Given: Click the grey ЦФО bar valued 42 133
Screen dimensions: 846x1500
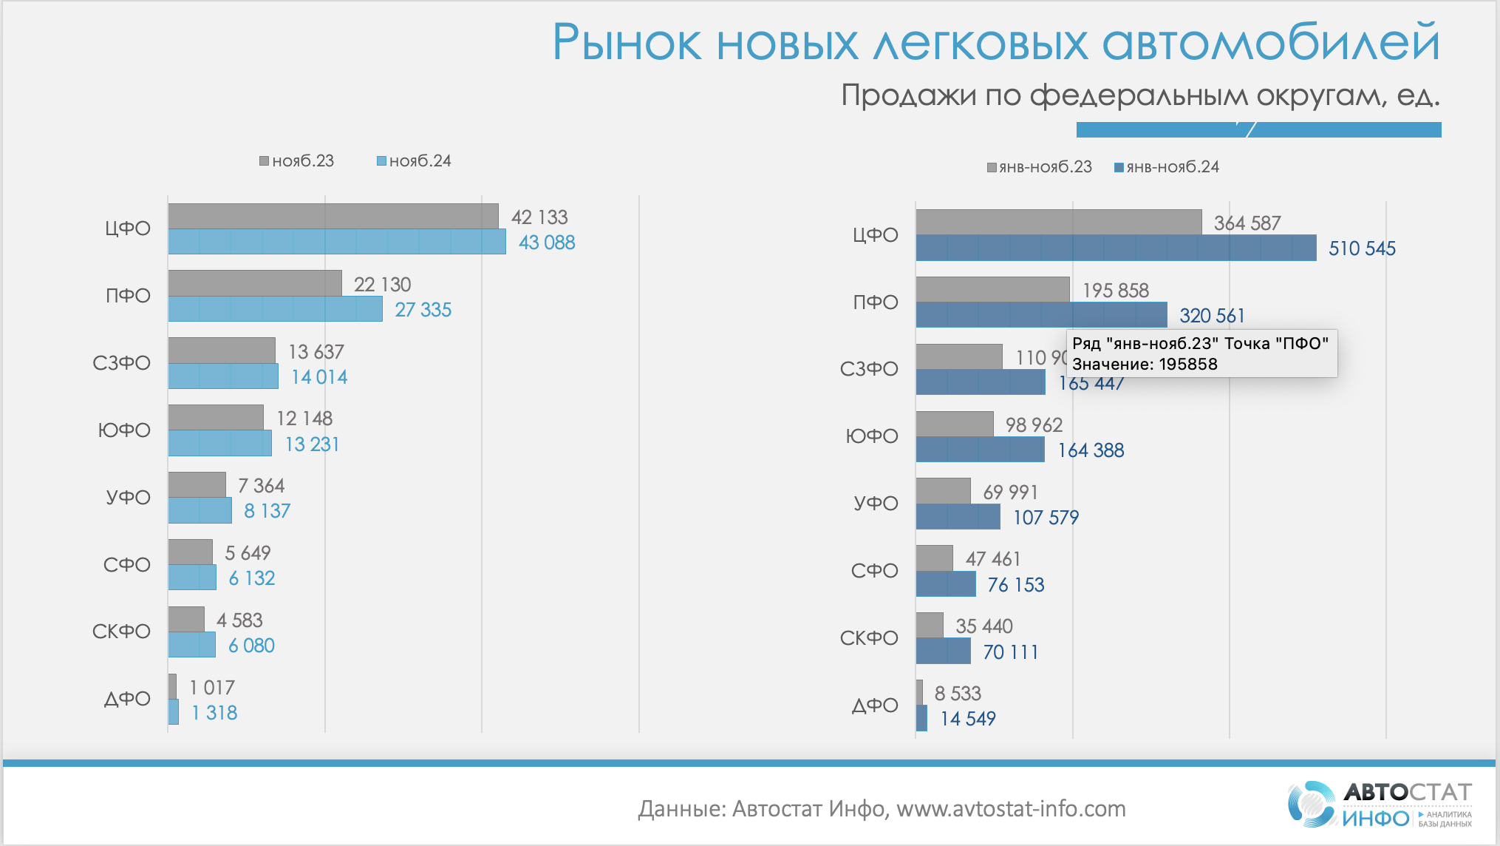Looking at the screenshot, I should click(333, 216).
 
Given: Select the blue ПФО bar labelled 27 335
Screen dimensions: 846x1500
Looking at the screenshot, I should click(275, 309).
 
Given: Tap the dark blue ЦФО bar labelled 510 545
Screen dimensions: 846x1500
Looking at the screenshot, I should click(1116, 248).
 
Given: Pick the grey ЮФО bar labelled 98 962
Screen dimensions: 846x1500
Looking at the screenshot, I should click(955, 424).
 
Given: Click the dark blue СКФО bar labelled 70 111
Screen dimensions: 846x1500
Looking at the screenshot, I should click(943, 652).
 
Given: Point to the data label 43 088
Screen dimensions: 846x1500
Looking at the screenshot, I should click(547, 243).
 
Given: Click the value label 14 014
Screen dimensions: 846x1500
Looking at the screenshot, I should click(319, 377).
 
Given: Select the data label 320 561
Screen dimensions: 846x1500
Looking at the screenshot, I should click(1212, 316).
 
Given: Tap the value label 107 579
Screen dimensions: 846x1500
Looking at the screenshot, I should click(1046, 518).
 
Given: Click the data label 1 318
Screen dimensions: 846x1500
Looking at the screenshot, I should click(214, 713).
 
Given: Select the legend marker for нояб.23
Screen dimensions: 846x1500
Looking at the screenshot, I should click(264, 161).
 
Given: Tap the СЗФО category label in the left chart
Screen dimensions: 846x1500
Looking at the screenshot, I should click(121, 363).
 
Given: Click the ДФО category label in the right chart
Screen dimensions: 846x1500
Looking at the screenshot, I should click(875, 705).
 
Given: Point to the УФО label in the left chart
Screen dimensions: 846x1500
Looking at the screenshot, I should click(128, 497).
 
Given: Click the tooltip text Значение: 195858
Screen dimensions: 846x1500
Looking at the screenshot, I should click(1145, 364).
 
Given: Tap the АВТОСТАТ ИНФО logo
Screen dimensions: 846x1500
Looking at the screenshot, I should click(1380, 804).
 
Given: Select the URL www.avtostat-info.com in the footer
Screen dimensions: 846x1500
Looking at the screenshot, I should click(1011, 809).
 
